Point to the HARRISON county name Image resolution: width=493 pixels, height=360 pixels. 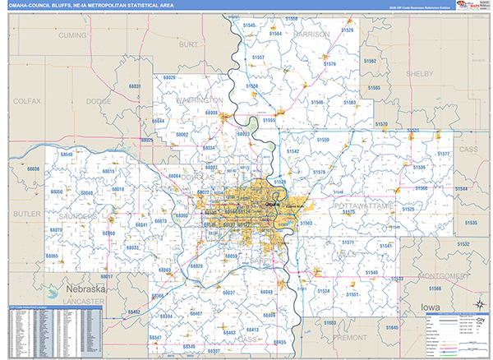click(311, 35)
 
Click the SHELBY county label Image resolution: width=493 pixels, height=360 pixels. click(419, 73)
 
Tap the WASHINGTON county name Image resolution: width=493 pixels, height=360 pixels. click(199, 100)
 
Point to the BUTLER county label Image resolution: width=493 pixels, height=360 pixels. click(25, 213)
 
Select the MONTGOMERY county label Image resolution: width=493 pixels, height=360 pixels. click(442, 275)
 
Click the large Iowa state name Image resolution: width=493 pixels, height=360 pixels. click(431, 306)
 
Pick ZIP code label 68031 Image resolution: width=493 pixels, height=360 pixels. click(135, 86)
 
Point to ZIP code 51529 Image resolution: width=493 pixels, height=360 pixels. click(348, 30)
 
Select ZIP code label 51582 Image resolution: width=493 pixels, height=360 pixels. click(370, 62)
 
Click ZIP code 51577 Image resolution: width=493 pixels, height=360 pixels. click(444, 155)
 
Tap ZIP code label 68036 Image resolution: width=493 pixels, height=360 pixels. click(34, 168)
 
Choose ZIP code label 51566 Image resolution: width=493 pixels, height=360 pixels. click(435, 288)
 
